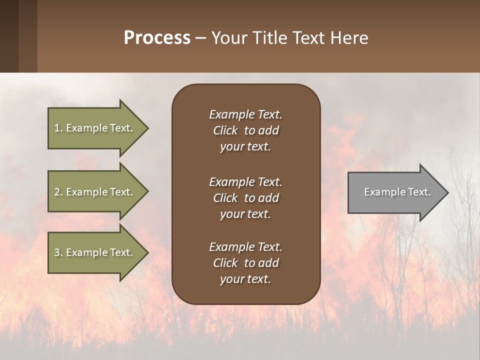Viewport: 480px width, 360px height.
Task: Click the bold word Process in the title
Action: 157,38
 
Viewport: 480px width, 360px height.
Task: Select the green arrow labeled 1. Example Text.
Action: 93,128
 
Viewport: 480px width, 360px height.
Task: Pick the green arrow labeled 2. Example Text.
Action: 93,192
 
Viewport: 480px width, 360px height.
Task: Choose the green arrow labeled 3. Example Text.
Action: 93,252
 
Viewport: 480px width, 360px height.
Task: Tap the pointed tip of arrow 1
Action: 147,128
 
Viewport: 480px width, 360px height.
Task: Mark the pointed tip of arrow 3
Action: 147,252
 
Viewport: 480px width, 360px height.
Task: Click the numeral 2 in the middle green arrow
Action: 57,192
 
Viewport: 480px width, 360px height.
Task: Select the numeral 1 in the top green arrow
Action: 57,128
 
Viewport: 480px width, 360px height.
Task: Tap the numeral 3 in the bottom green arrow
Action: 57,252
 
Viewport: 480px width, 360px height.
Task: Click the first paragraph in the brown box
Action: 245,130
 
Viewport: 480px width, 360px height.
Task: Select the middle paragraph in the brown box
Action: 245,198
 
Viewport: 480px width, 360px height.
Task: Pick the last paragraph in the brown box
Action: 245,263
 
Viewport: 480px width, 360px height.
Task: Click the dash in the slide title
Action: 201,38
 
